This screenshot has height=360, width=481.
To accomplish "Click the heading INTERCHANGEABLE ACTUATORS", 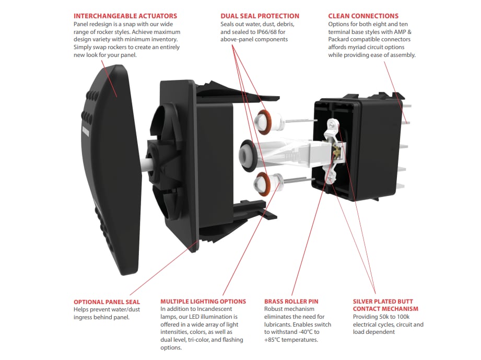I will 125,16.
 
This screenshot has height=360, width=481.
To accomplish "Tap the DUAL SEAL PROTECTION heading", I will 260,16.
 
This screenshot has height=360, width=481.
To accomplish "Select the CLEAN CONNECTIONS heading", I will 363,16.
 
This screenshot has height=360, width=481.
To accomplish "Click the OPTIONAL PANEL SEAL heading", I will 107,301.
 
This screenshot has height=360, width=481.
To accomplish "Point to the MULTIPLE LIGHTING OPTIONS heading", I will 203,301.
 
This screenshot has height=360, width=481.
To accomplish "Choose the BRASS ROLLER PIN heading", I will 291,301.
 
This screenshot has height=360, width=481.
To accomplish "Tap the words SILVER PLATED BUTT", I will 383,301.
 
